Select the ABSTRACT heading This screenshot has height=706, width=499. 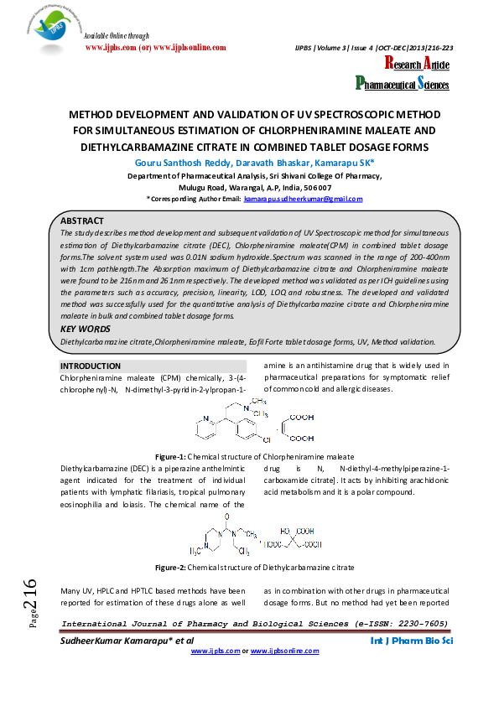pyautogui.click(x=82, y=220)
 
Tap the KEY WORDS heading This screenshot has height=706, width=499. pyautogui.click(x=85, y=329)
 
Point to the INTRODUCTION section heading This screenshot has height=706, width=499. pyautogui.click(x=91, y=366)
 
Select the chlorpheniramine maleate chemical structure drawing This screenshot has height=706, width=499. pyautogui.click(x=252, y=419)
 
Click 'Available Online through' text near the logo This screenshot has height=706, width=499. pyautogui.click(x=117, y=36)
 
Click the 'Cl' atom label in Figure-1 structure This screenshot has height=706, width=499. pyautogui.click(x=267, y=439)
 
